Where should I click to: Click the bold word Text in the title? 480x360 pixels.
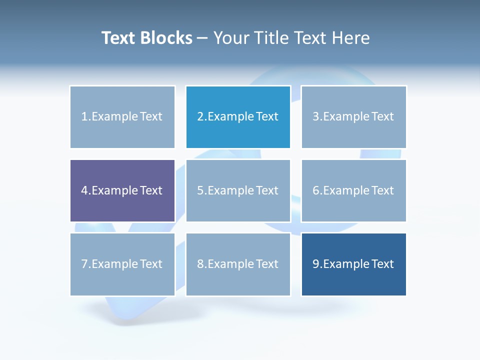[118, 38]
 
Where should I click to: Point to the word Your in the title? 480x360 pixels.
[232, 38]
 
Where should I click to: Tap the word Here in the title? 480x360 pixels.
[352, 38]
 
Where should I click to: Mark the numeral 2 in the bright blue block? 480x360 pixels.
[200, 116]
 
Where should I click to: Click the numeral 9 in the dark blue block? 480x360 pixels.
[316, 264]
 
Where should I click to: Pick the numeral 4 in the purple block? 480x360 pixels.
[84, 190]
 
